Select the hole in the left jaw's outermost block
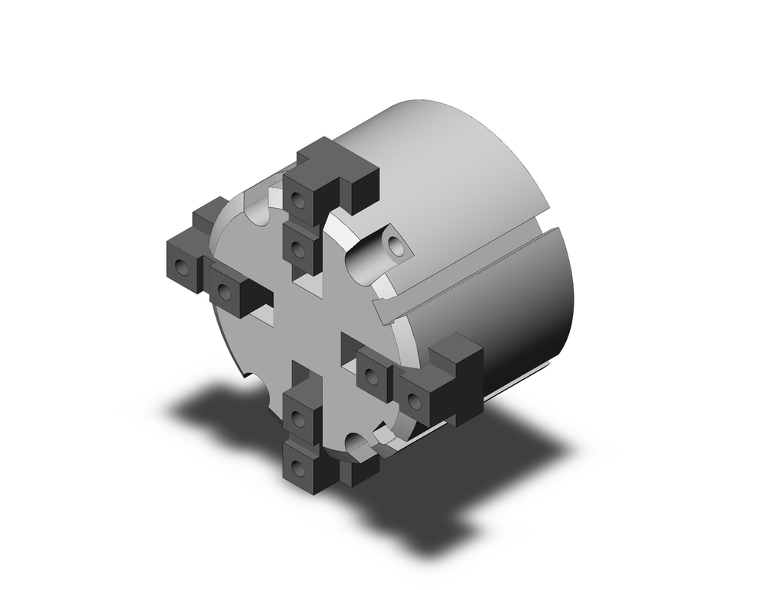tap(181, 267)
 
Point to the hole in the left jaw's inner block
tap(224, 291)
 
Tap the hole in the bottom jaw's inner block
tap(297, 418)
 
